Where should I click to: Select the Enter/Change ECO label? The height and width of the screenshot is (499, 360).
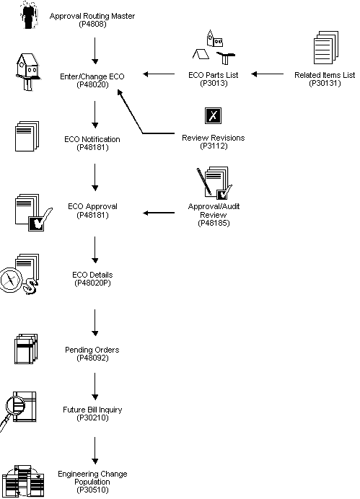tap(94, 79)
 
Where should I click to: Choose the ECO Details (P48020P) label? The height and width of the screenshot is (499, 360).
tap(93, 278)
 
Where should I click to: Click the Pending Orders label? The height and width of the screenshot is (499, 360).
tap(93, 353)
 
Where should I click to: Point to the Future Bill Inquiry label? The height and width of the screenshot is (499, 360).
tap(93, 413)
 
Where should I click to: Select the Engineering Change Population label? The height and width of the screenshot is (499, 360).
tap(93, 482)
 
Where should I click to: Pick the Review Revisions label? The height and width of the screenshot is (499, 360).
tap(213, 141)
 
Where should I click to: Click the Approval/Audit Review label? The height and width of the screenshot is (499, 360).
tap(213, 214)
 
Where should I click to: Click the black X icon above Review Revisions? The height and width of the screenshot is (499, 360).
tap(212, 116)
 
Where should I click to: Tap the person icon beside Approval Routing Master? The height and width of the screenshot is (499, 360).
tap(28, 15)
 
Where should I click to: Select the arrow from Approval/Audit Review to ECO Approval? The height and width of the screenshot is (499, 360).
tap(162, 213)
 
